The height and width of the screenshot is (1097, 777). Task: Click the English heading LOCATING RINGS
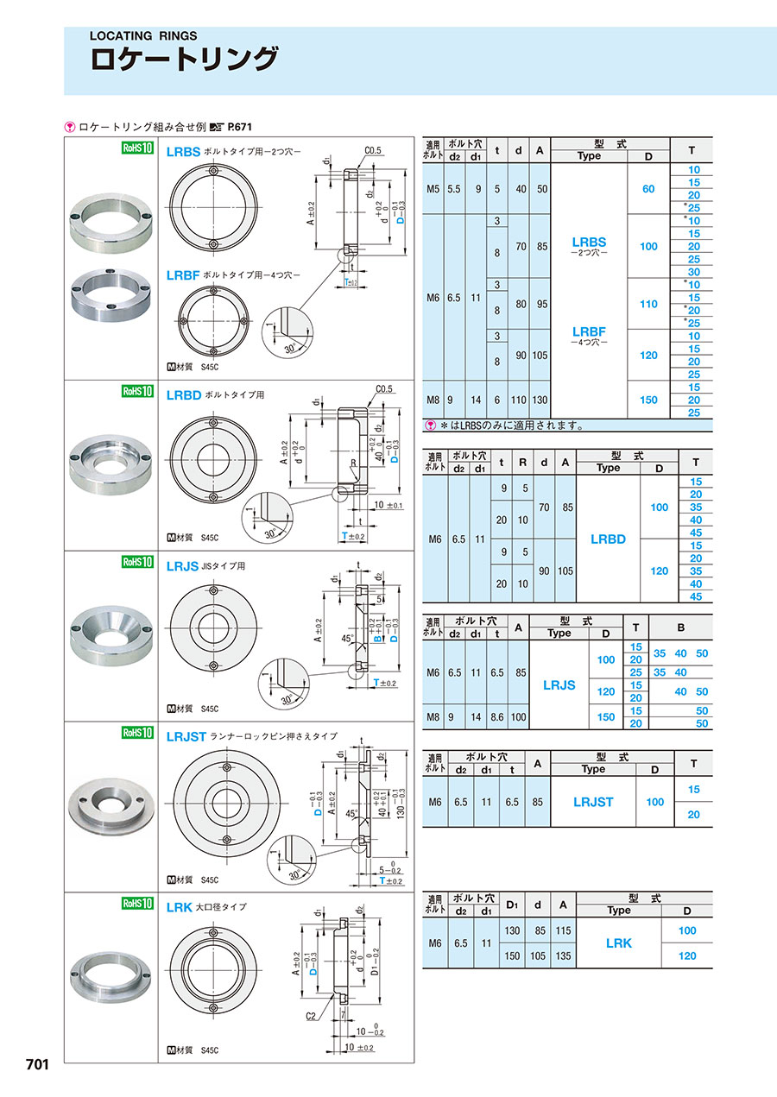pyautogui.click(x=144, y=36)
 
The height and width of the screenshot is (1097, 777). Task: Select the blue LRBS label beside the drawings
pyautogui.click(x=183, y=151)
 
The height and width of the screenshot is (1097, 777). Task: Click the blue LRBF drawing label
pyautogui.click(x=183, y=275)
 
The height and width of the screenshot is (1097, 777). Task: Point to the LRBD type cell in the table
pyautogui.click(x=608, y=539)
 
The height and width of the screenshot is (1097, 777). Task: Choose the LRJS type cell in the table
pyautogui.click(x=559, y=684)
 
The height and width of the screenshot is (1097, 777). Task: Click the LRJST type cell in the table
pyautogui.click(x=593, y=802)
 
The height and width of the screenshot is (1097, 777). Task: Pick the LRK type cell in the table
pyautogui.click(x=618, y=943)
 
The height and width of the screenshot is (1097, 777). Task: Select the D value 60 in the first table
pyautogui.click(x=648, y=188)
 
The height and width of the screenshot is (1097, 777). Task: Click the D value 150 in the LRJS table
pyautogui.click(x=606, y=717)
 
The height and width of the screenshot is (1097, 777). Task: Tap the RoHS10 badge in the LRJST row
pyautogui.click(x=137, y=733)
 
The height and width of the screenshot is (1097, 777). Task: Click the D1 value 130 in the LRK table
pyautogui.click(x=512, y=930)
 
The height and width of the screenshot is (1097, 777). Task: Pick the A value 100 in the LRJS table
pyautogui.click(x=518, y=717)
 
